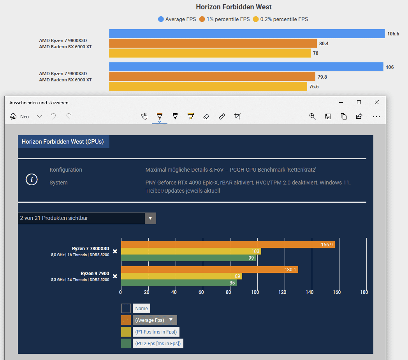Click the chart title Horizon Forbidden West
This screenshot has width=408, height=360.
[234, 7]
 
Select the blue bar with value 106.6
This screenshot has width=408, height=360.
[247, 34]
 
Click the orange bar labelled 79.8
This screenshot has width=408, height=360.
[212, 77]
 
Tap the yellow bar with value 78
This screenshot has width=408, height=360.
[209, 53]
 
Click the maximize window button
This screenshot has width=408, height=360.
[359, 102]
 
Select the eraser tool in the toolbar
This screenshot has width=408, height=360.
[206, 116]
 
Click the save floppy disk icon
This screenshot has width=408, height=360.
[328, 116]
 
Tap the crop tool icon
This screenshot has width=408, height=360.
[237, 116]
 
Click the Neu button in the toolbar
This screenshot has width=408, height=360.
[20, 116]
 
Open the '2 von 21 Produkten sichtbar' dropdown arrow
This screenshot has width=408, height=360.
[150, 218]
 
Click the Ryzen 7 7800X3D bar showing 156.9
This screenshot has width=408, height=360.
[228, 244]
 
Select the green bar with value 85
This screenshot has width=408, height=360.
[179, 283]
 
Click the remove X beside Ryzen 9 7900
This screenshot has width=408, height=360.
[115, 276]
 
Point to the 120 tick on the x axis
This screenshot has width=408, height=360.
[283, 292]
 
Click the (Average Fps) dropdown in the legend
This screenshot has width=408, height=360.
[155, 320]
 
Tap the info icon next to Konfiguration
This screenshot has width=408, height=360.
[32, 179]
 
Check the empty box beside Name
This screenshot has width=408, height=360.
[126, 309]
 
